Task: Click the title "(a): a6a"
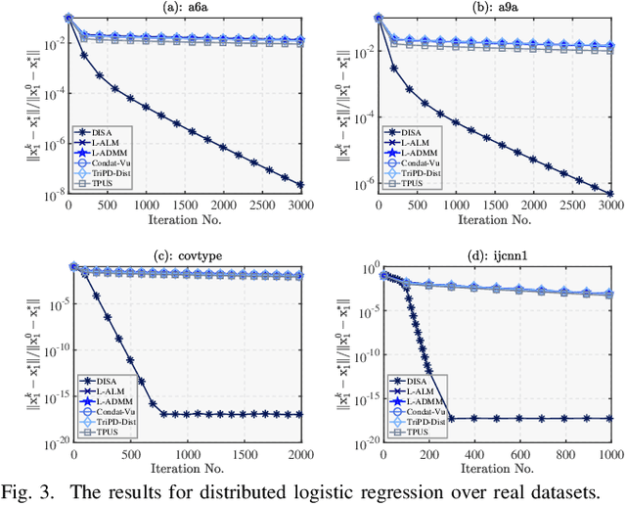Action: (184, 7)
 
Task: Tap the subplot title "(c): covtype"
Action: (184, 255)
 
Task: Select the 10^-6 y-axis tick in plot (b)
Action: (363, 184)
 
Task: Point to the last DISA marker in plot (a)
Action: (299, 184)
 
